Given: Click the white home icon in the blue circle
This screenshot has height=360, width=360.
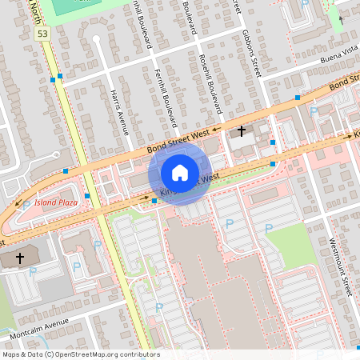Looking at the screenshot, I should pos(180,173).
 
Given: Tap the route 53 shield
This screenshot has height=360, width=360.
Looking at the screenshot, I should pos(42,34).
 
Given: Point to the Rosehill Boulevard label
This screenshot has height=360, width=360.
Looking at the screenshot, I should pos(209,76).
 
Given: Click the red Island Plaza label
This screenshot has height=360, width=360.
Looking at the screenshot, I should pos(56,202).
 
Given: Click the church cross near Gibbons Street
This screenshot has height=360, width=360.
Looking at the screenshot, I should pos(242,130).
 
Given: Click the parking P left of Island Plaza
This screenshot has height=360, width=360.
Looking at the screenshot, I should pos(26,205).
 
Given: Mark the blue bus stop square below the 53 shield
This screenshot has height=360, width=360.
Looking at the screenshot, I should pos(53,79).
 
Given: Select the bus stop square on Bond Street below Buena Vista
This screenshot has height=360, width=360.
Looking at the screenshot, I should pos(297,98).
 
